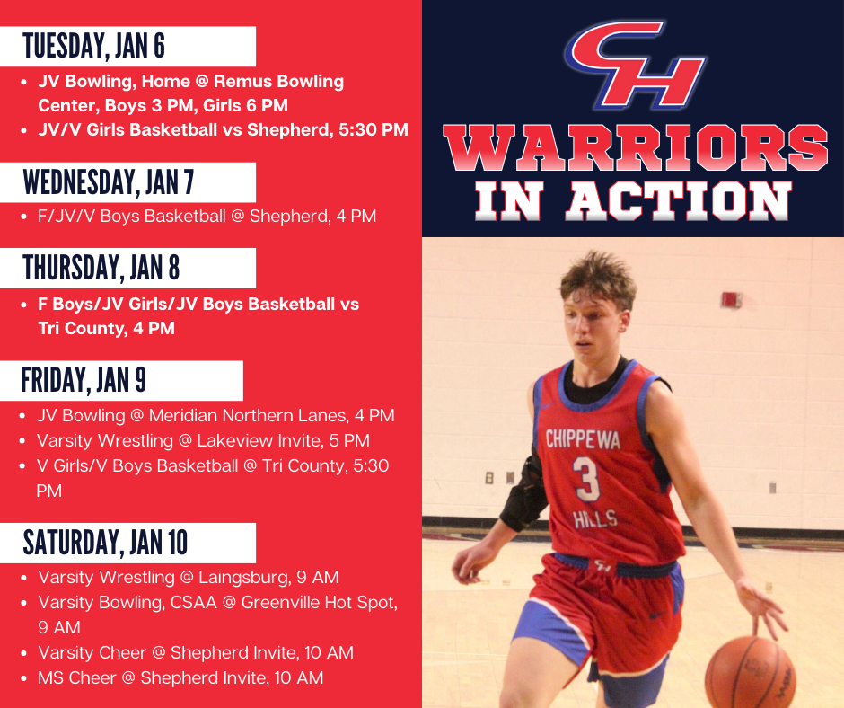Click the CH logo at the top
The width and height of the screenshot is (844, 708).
[635, 66]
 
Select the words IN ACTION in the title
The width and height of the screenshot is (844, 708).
[635, 200]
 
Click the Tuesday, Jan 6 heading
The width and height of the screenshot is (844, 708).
[94, 45]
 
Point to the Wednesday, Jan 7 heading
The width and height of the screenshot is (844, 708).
[109, 182]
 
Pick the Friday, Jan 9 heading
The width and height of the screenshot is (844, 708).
[84, 380]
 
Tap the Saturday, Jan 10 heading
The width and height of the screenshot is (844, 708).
[106, 543]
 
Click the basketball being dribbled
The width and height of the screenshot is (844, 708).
[750, 672]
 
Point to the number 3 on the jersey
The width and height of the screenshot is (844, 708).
[587, 480]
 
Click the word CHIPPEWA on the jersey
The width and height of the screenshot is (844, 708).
[581, 439]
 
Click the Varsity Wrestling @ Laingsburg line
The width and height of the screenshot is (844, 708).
[188, 577]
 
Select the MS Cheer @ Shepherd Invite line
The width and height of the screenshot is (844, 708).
[180, 677]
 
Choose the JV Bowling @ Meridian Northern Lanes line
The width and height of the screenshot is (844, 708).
[215, 415]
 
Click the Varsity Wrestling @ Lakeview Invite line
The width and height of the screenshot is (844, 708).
[203, 440]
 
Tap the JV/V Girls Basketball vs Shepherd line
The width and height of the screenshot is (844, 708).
[223, 129]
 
